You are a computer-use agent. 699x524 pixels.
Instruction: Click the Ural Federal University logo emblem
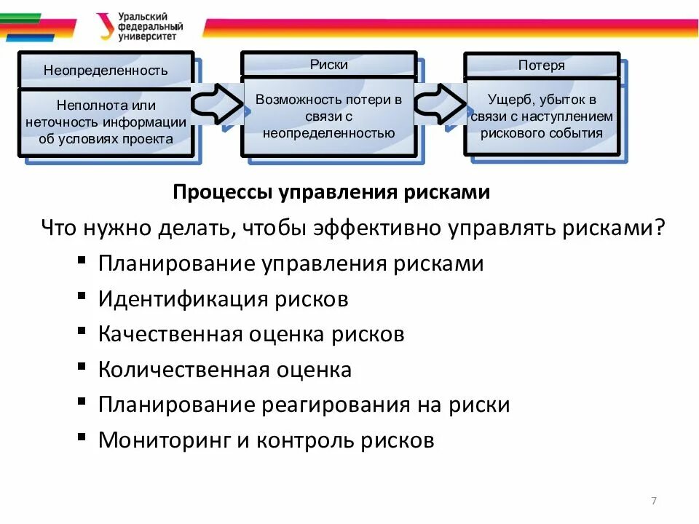pos(107,26)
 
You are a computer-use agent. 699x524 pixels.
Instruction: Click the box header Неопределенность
pos(106,70)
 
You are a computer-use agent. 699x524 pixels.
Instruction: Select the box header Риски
pos(328,65)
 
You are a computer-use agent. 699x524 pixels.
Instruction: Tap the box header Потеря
pos(541,65)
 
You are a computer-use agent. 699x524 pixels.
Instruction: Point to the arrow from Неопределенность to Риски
pos(217,104)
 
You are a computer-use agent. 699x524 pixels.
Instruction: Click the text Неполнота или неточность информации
pos(106,114)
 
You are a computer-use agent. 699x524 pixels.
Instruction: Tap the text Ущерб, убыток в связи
pos(542,108)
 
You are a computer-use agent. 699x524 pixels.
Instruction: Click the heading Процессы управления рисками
pos(331,193)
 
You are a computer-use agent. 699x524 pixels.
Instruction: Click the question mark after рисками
pos(659,228)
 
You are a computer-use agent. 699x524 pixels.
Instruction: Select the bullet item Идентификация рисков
pos(223,298)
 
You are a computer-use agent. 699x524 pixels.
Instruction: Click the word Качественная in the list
pos(170,334)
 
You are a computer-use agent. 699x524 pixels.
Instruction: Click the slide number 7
pos(653,501)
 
